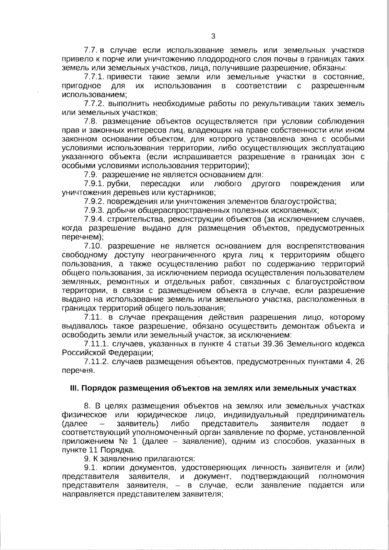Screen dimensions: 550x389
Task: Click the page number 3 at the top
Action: tap(213, 36)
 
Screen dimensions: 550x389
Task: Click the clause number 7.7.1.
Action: tap(93, 77)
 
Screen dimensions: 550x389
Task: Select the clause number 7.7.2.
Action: tap(93, 104)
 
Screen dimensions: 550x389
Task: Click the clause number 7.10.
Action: tap(93, 246)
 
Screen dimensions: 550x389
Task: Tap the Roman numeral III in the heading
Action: tap(73, 388)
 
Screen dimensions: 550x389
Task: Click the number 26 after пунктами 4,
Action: tap(360, 361)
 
